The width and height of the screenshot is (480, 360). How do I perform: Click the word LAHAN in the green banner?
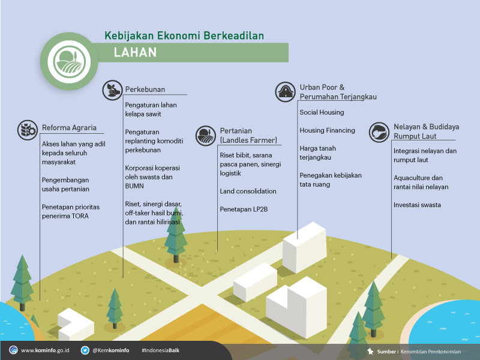coord(135,52)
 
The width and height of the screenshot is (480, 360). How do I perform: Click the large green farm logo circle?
coord(69,61)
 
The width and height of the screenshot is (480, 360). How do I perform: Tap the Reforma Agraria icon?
coord(28,130)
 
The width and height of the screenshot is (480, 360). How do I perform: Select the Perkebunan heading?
coord(145,89)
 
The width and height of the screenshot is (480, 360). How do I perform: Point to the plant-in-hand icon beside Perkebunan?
coord(112,91)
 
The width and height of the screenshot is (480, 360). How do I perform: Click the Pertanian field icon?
coord(206,136)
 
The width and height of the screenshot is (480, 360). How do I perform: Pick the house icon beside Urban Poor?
coord(286,92)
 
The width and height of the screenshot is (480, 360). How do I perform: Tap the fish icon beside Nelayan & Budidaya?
coord(379,132)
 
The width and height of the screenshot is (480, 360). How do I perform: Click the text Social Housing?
coord(322,112)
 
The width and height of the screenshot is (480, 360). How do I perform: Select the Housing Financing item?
coord(327,130)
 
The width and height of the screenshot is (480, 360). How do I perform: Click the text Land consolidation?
coord(248,191)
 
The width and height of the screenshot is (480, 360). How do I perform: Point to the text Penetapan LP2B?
coord(244,209)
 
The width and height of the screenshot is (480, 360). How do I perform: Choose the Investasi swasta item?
coord(417,205)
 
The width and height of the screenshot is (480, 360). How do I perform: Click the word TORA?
coord(80,216)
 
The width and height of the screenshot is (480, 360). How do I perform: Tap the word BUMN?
coord(134,186)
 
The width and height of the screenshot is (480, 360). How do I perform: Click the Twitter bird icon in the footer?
coord(85,350)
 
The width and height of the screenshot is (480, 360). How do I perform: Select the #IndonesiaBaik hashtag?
coord(160,350)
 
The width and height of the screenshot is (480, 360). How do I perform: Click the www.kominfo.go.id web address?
coord(45,350)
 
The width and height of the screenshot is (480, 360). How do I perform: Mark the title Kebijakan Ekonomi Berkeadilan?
coord(184,35)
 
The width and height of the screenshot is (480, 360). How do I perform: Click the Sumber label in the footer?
coord(388,352)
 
